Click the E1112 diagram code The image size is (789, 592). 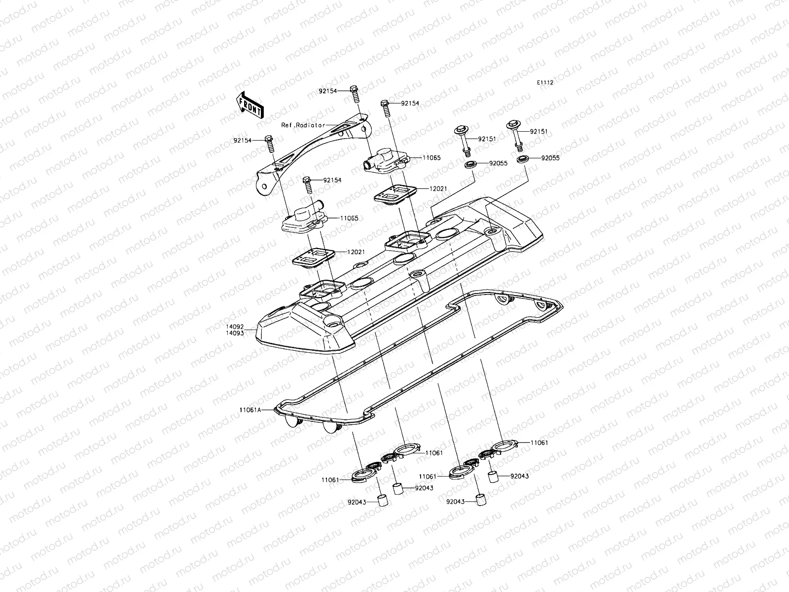(545, 83)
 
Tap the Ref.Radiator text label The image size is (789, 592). (303, 125)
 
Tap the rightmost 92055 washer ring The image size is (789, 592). (522, 159)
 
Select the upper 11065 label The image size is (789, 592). (431, 158)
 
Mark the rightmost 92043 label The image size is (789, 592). (520, 476)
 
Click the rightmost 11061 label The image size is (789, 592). (539, 443)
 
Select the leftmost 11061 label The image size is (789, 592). (330, 480)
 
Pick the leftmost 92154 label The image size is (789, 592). (243, 140)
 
